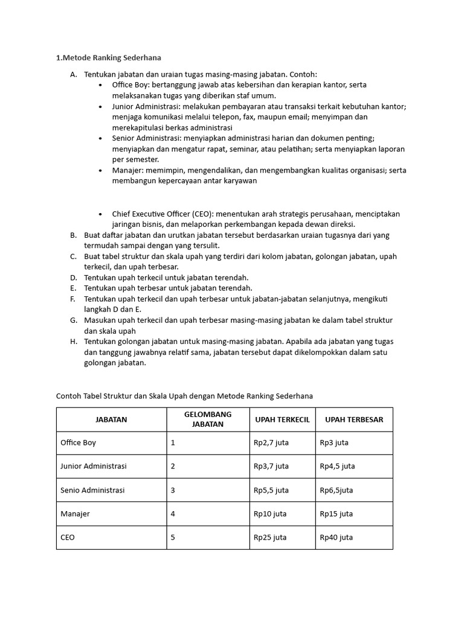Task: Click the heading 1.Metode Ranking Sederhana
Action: coord(109,58)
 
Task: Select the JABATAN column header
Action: coord(111,419)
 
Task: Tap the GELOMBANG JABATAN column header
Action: coord(208,419)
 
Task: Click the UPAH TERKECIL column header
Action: coord(282,419)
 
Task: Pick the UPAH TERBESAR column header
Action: coord(353,419)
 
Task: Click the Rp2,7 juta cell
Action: coord(271,443)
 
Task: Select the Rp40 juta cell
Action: coord(337,537)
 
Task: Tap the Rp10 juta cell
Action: coord(270,514)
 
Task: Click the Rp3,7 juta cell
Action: coord(271,467)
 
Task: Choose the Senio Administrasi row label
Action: coord(92,490)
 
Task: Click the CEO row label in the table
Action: coord(68,537)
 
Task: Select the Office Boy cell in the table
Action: coord(79,443)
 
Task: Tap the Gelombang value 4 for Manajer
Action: coord(173,514)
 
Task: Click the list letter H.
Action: coord(73,342)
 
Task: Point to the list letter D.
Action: coord(73,277)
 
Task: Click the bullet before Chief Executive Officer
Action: coord(100,214)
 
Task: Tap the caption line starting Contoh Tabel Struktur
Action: coord(185,396)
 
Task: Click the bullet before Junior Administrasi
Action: coord(100,106)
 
